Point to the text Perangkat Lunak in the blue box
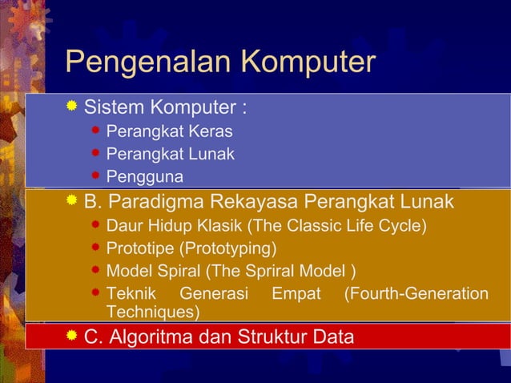tap(171, 154)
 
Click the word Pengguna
tap(145, 176)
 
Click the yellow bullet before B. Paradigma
tap(72, 200)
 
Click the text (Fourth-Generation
tap(416, 294)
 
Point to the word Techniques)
tap(153, 312)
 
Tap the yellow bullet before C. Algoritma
tap(72, 337)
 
